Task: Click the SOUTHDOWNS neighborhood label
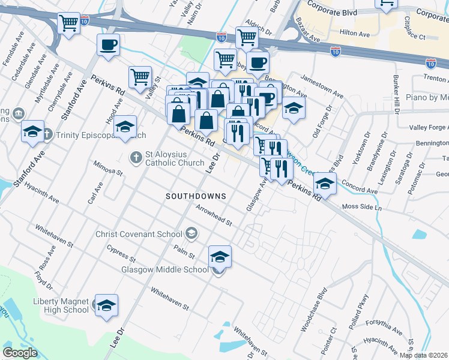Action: [196, 196]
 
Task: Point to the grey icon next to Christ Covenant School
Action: [191, 233]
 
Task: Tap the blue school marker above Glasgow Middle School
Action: [220, 257]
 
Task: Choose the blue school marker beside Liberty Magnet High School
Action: [107, 305]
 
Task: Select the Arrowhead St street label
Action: [214, 215]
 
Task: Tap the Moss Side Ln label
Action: [361, 207]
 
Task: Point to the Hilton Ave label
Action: [354, 34]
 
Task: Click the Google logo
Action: [20, 353]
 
